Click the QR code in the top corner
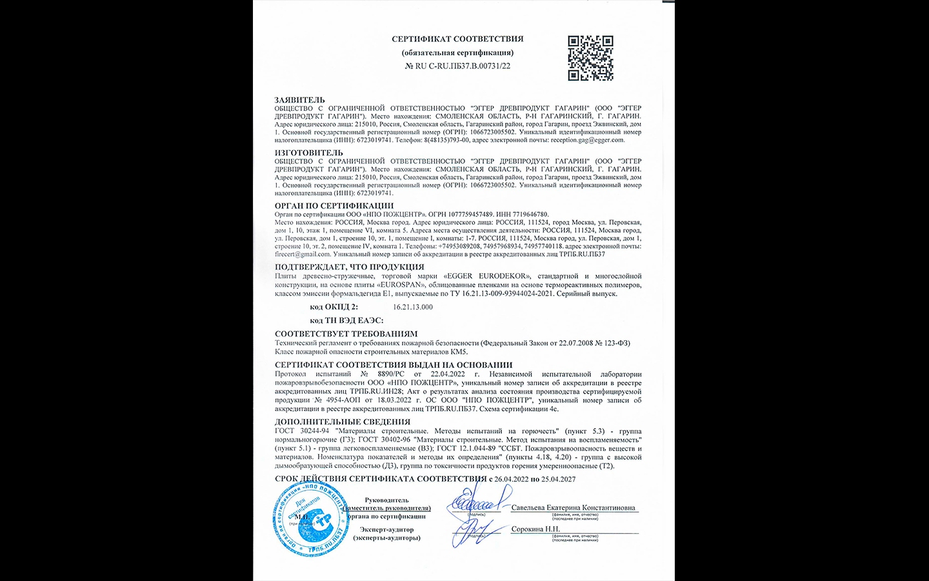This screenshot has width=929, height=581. tap(590, 58)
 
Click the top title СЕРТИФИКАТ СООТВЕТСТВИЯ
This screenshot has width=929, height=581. tap(457, 39)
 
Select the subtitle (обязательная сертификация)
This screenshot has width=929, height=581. tap(457, 52)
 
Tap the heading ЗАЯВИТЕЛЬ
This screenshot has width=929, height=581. tap(299, 100)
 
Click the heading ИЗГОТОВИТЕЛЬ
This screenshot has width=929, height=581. tap(308, 153)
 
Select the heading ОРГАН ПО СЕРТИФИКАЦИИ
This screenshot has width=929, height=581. tap(334, 206)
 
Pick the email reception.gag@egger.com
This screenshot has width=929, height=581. tap(587, 140)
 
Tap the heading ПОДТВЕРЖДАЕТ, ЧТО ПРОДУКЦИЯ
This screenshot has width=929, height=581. tap(349, 267)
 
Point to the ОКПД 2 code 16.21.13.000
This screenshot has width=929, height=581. tap(413, 307)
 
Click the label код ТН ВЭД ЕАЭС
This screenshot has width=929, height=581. tap(346, 320)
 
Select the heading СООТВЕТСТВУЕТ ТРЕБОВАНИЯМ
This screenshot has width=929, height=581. tap(346, 334)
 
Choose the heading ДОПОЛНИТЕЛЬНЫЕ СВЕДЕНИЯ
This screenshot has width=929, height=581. tap(342, 422)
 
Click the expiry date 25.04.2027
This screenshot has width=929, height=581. tap(558, 479)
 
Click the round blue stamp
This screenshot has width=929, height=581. tap(311, 518)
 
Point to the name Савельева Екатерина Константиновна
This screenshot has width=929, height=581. tap(573, 508)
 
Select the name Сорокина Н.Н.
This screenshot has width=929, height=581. tap(535, 529)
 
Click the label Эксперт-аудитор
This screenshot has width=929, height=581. tap(386, 529)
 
